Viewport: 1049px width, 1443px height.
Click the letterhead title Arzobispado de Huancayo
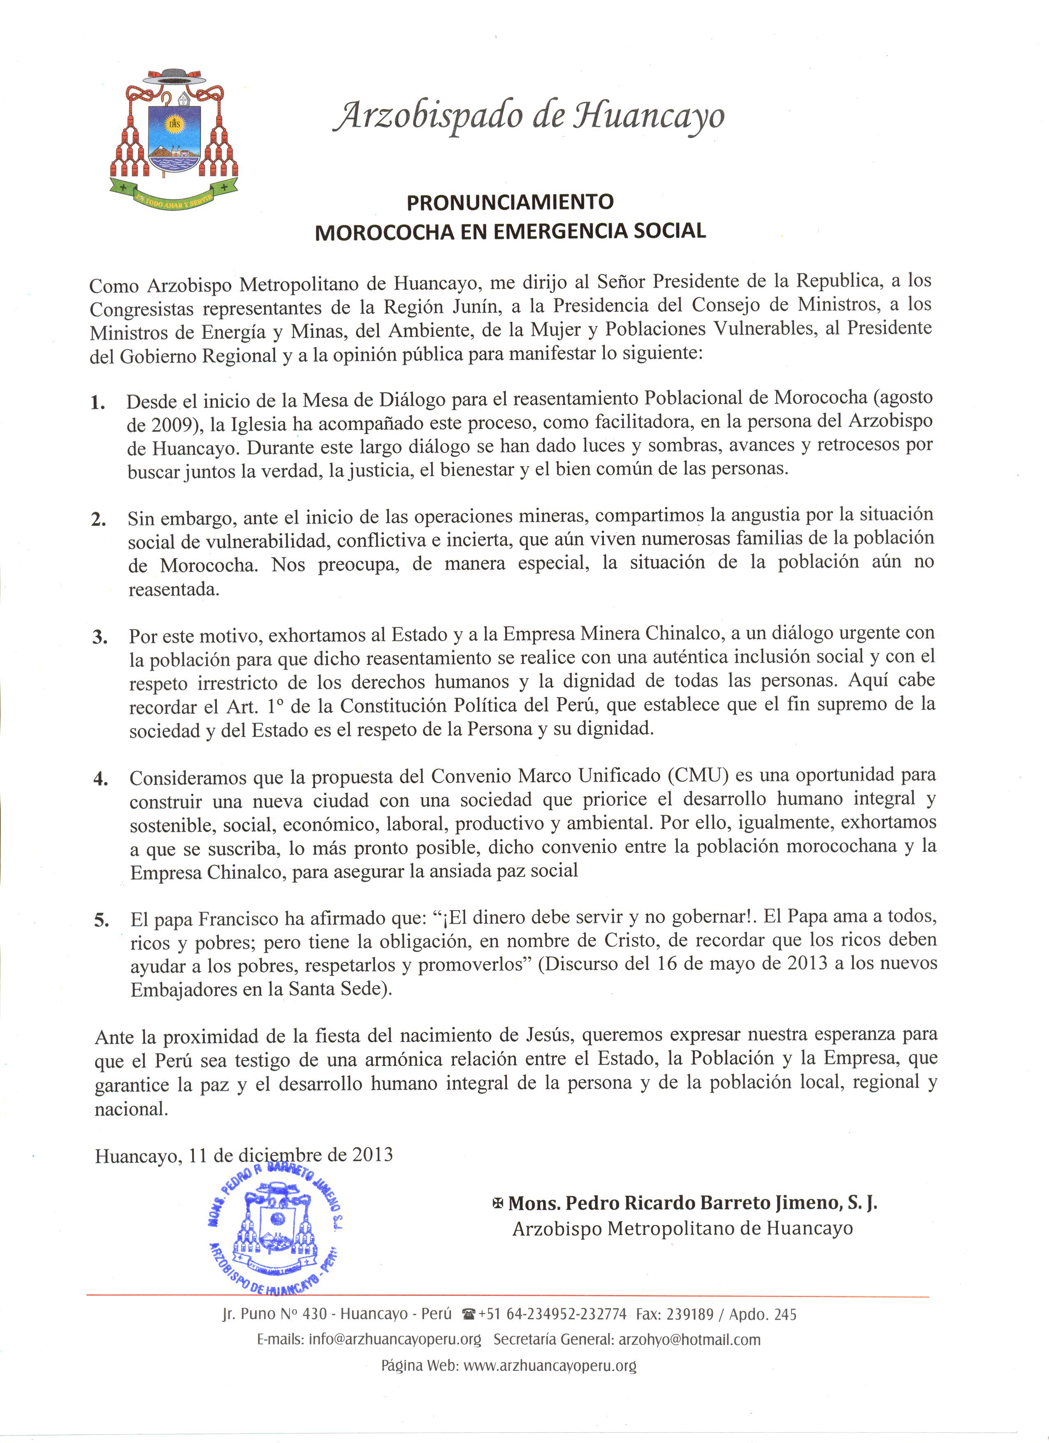coord(528,116)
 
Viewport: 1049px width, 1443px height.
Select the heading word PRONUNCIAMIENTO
coord(510,202)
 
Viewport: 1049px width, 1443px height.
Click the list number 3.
coord(100,637)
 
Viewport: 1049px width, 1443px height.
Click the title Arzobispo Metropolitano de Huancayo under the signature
coord(682,1228)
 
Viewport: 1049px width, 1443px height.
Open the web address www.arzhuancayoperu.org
coord(550,1365)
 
